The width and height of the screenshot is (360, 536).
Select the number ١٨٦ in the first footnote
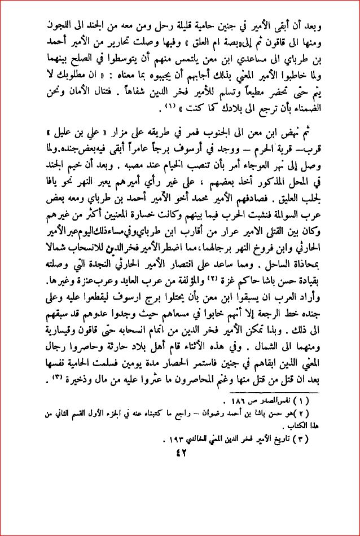pos(240,402)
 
